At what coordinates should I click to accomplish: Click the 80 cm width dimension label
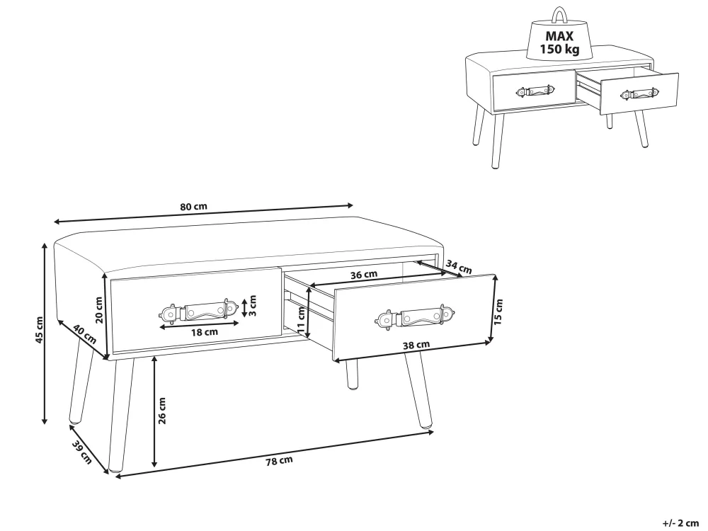tap(194, 207)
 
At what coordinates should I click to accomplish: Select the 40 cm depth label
tap(85, 335)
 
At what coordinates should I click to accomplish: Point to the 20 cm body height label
tap(99, 310)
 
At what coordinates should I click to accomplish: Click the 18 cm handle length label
tap(205, 332)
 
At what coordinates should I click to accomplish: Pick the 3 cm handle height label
tap(253, 306)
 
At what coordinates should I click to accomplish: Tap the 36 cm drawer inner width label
tap(364, 275)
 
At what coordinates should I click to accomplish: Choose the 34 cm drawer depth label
tap(459, 267)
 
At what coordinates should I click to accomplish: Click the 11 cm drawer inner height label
tap(301, 319)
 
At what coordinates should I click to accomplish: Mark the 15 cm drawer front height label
tap(498, 312)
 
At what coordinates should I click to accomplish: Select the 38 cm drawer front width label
tap(416, 345)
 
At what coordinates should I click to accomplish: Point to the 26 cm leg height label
tap(163, 411)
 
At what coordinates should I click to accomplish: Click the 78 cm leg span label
tap(279, 461)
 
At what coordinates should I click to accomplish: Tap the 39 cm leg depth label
tap(82, 452)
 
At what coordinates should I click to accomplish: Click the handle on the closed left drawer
tap(198, 311)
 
